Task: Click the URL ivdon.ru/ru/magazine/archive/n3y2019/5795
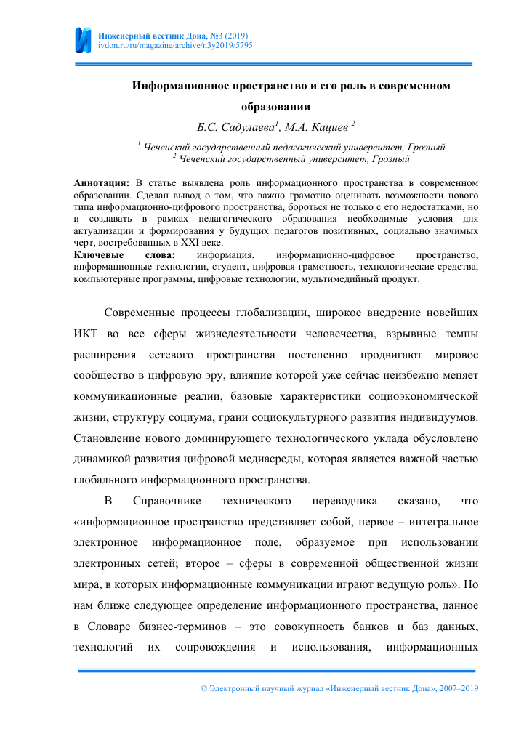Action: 175,45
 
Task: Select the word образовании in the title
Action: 291,108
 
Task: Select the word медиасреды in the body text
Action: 296,459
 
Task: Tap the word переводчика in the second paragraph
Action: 342,501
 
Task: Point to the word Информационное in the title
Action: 181,86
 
